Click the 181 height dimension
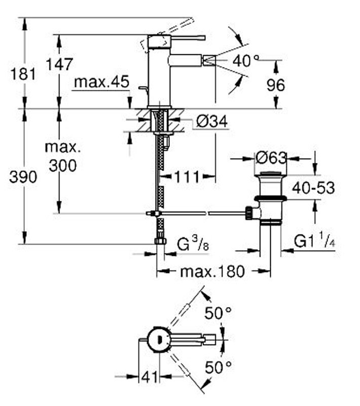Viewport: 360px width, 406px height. (x=23, y=74)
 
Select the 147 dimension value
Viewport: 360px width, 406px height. (x=59, y=64)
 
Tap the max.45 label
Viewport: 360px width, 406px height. (x=101, y=82)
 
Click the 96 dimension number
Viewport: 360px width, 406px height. (x=276, y=85)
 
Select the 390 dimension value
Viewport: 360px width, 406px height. (x=23, y=177)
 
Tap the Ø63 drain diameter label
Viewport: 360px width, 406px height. (x=271, y=158)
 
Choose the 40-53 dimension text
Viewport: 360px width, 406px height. (x=313, y=188)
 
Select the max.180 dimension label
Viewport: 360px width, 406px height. (x=212, y=272)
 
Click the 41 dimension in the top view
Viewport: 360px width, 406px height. (x=149, y=377)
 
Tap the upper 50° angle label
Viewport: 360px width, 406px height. (x=218, y=313)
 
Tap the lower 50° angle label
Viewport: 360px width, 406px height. (x=218, y=365)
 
